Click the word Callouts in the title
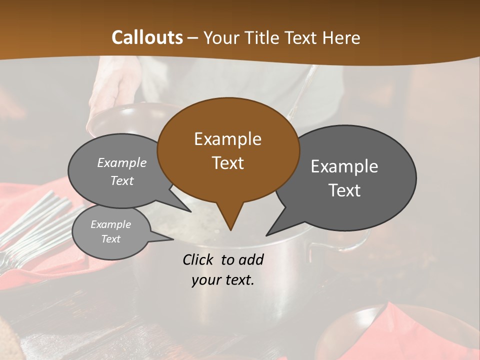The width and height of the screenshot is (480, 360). click(x=147, y=37)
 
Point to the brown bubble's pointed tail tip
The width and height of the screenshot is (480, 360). click(x=230, y=229)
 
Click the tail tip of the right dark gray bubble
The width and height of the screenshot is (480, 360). click(x=267, y=234)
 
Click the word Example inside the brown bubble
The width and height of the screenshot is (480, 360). click(x=227, y=139)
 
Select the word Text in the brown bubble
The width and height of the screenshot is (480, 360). click(x=227, y=163)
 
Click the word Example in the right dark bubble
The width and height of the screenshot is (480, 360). click(x=344, y=166)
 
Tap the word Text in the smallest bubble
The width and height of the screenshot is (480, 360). click(x=111, y=239)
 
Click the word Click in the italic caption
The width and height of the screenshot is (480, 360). click(x=198, y=259)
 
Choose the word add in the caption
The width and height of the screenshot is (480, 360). click(x=250, y=259)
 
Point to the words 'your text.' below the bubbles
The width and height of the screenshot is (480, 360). click(x=222, y=280)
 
